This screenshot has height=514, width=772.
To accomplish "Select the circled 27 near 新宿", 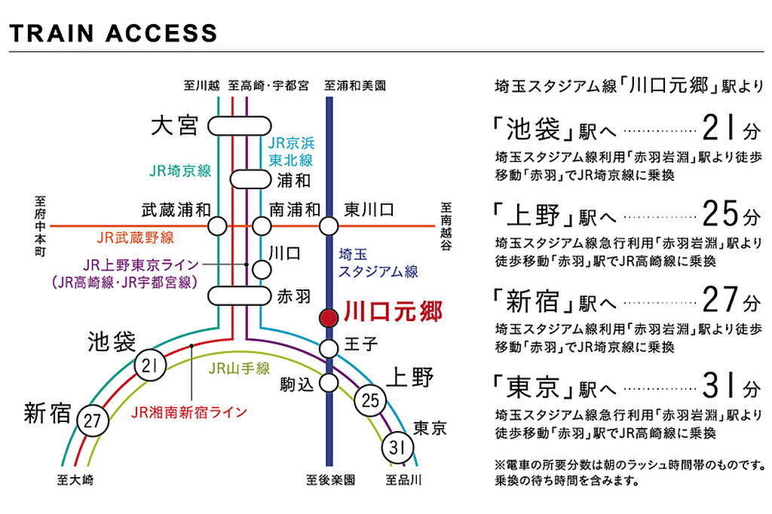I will [x=92, y=421].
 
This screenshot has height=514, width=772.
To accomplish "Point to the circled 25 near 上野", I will [x=369, y=399].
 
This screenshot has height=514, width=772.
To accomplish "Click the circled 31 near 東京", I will [x=399, y=448].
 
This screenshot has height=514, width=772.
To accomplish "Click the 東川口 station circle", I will [x=329, y=225].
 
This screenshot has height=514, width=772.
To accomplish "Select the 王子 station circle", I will [x=329, y=348].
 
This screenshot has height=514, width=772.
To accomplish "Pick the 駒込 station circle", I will [x=329, y=382].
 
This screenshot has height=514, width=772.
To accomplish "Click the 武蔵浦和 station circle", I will [x=218, y=225].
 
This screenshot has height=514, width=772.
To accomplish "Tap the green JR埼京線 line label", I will [x=179, y=170].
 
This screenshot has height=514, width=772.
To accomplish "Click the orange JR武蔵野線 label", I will [x=135, y=238].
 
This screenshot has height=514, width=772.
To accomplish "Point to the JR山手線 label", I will [x=239, y=369].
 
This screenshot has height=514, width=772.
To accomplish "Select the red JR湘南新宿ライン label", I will [x=188, y=412].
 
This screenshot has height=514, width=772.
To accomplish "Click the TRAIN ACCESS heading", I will [x=113, y=33].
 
